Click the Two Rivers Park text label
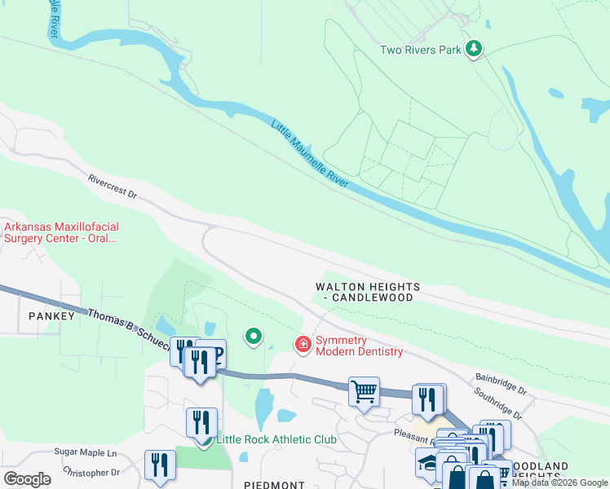[x=421, y=50]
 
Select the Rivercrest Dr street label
[x=113, y=185]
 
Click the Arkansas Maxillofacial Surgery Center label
[x=60, y=233]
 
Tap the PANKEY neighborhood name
[x=46, y=315]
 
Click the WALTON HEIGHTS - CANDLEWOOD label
[x=369, y=293]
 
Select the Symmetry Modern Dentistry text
[x=359, y=346]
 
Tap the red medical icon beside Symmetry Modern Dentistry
[x=303, y=345]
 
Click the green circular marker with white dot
[x=254, y=335]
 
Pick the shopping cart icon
[x=364, y=390]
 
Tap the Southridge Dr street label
[x=499, y=403]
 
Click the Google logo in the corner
[x=27, y=478]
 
